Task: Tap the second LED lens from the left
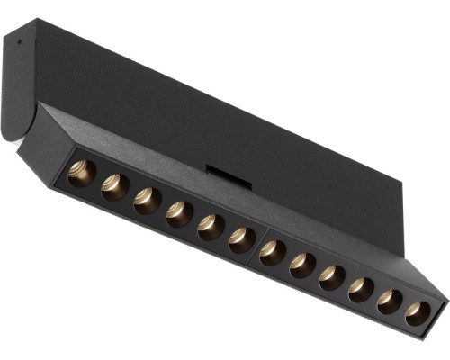click(x=114, y=185)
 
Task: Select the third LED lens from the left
click(x=147, y=200)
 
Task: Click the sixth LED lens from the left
click(x=241, y=238)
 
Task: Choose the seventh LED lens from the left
click(x=272, y=252)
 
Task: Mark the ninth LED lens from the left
click(x=332, y=277)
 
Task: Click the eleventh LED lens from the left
click(x=390, y=301)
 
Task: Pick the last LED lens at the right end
click(x=417, y=312)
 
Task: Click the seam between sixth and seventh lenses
click(x=257, y=244)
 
